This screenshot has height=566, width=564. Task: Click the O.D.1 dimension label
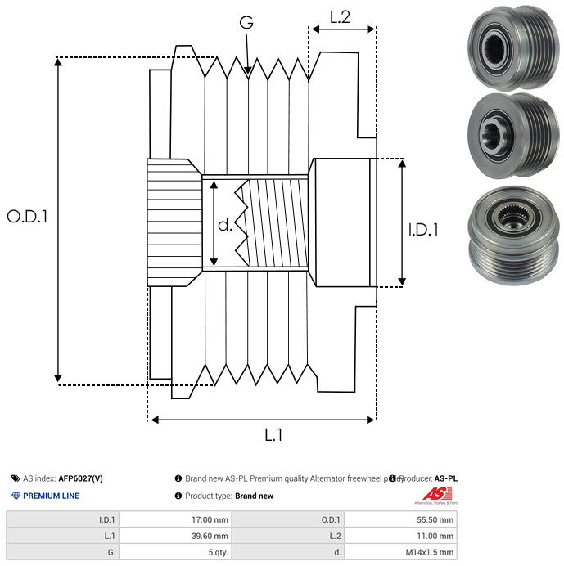[x=28, y=217]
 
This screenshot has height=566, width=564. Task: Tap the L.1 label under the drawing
[x=273, y=436]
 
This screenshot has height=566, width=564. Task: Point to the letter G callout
[x=246, y=24]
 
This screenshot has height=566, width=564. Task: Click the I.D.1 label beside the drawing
[x=423, y=231]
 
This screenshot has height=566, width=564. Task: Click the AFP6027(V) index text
[x=81, y=478]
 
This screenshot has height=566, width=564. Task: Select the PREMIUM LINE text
[x=51, y=496]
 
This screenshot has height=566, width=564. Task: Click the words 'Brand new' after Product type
[x=254, y=496]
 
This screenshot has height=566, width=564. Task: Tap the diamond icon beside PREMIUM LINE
[x=16, y=496]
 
